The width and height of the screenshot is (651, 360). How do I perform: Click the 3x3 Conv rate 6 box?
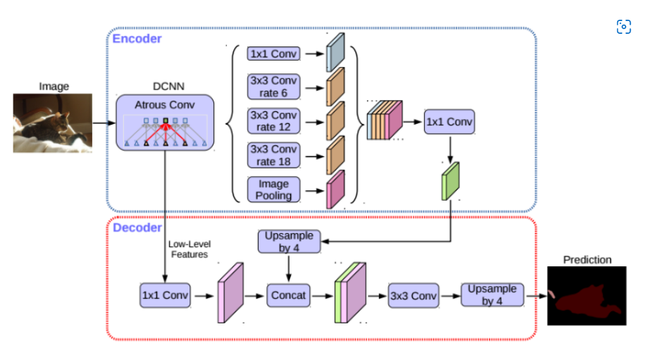273,87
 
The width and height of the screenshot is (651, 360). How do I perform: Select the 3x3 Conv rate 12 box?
273,121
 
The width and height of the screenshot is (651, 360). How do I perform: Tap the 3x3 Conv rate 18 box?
273,155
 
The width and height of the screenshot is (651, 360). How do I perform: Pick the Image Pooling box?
273,190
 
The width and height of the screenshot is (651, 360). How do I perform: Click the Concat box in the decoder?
288,295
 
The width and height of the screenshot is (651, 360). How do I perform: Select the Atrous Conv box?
165,123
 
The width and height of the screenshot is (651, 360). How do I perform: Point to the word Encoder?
137,39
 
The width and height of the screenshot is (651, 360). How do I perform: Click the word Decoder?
137,228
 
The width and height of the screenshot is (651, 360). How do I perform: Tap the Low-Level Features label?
190,249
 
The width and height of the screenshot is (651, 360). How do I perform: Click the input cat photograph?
53,123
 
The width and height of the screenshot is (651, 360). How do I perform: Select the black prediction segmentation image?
587,296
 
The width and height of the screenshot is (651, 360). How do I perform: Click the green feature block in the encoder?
450,181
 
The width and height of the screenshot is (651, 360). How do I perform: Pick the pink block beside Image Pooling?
335,190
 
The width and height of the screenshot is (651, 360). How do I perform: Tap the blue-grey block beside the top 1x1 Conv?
335,53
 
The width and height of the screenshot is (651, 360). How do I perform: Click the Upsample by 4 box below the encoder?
289,242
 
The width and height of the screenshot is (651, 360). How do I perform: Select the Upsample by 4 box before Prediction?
492,294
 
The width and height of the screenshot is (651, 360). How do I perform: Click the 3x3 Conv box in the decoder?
414,296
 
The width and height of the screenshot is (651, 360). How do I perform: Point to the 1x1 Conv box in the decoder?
166,295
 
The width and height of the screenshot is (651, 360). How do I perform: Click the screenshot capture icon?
624,27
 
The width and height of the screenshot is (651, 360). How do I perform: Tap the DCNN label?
168,87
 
